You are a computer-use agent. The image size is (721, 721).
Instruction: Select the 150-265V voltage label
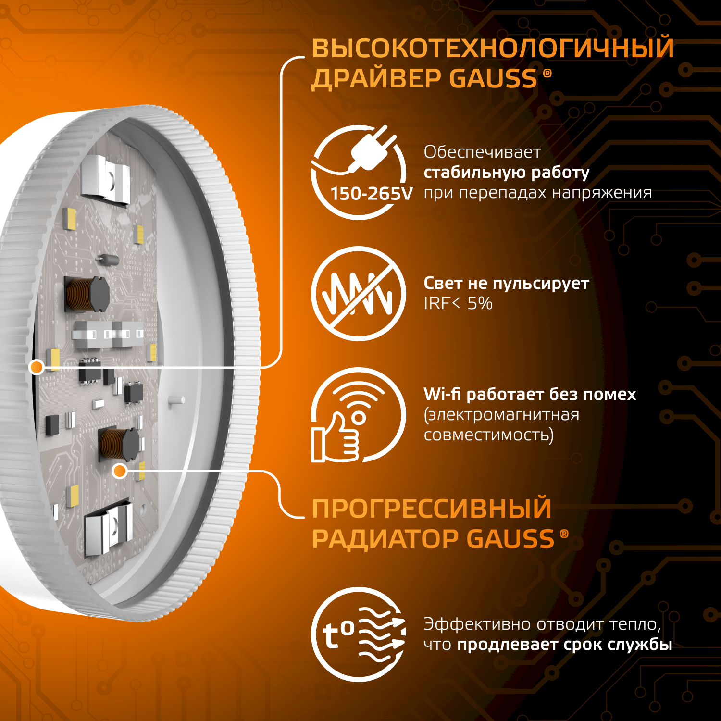[x=372, y=194]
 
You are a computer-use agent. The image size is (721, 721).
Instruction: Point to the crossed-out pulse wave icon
[x=359, y=294]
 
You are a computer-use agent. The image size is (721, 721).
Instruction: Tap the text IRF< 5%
[x=458, y=303]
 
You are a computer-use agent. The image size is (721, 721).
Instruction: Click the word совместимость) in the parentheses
[x=489, y=435]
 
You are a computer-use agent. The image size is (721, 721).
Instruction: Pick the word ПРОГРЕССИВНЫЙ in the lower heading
[x=432, y=509]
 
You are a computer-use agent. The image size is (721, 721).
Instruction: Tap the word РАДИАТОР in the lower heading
[x=385, y=539]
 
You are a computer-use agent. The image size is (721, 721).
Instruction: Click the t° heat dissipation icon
[x=359, y=634]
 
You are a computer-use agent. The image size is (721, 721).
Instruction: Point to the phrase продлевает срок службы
[x=565, y=645]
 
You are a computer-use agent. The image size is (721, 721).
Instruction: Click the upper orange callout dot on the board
[x=37, y=367]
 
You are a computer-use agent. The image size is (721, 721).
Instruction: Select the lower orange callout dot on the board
[x=120, y=471]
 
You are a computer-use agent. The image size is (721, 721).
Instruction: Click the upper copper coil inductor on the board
[x=87, y=294]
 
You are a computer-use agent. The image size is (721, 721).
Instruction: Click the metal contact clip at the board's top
[x=105, y=180]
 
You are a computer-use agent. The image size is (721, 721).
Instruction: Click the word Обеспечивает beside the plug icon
[x=482, y=152]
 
